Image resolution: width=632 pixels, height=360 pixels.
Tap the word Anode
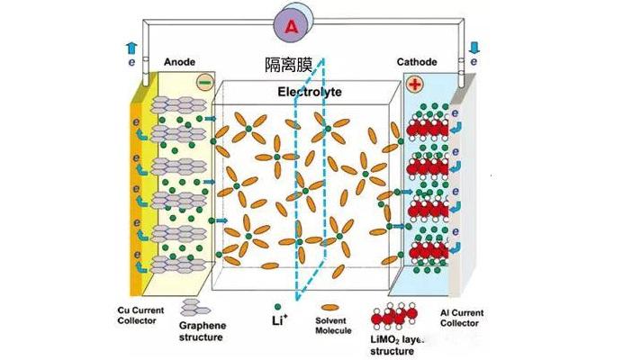click(179, 62)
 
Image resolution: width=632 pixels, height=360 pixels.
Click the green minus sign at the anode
click(204, 84)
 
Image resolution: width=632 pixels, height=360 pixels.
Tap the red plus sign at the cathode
click(414, 85)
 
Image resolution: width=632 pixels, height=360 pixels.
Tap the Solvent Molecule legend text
click(334, 325)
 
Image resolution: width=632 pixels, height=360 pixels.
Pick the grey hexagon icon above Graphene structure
click(192, 309)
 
